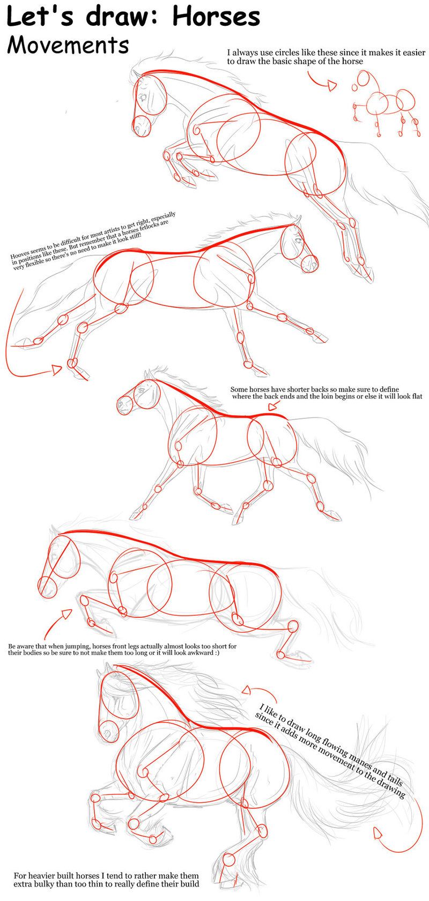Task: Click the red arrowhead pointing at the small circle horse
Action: pos(333,86)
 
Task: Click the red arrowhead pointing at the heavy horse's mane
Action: pos(247,690)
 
